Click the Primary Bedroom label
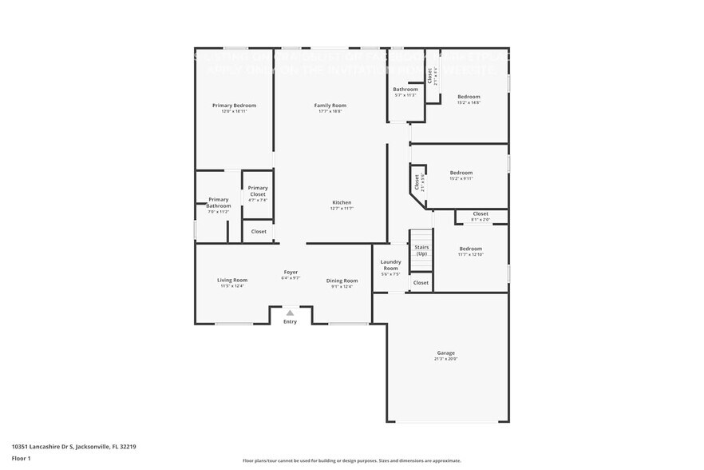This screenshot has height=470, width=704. coord(234,106)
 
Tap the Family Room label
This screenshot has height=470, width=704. coord(330,106)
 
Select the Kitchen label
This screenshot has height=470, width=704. coord(342,203)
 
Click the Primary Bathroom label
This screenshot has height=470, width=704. coord(218,203)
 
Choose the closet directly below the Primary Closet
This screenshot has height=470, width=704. coord(259,232)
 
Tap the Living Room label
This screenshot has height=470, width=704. coord(232,281)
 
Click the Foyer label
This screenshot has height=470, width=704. coord(291,273)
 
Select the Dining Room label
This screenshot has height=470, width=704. coord(342,281)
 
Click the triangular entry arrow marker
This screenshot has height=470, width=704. coord(290,313)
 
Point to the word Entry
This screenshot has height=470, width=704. coord(290,321)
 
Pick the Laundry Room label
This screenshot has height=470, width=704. coord(390,265)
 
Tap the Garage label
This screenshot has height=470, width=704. coord(445,352)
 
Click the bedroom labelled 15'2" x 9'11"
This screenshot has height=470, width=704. coord(461,173)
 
